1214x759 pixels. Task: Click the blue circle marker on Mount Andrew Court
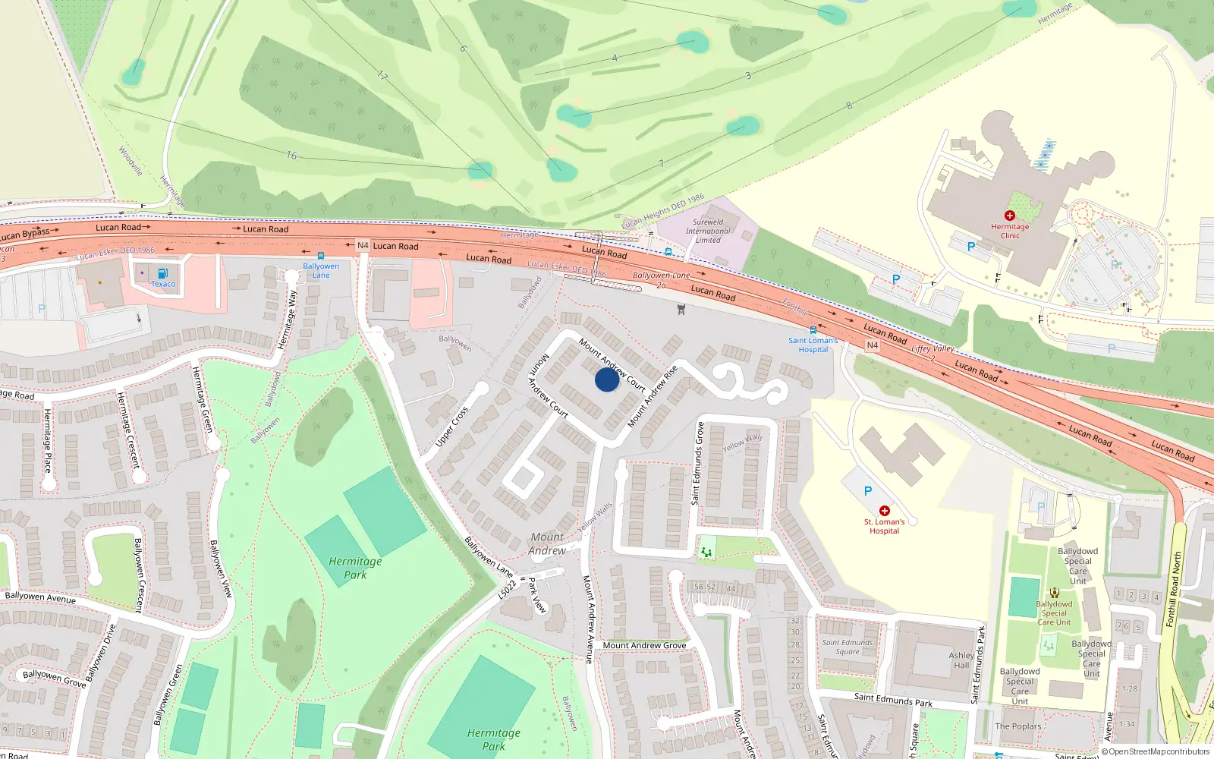tap(606, 379)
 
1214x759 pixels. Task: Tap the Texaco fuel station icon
tap(162, 273)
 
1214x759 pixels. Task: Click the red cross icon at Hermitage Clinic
tap(1009, 216)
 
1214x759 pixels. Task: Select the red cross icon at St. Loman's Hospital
tap(884, 511)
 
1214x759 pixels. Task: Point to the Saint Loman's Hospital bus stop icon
tap(813, 330)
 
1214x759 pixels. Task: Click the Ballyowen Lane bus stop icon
tap(321, 256)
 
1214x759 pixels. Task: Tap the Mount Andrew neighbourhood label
tap(547, 543)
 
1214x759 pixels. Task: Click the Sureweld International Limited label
tap(708, 231)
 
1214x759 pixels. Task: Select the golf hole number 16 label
tap(291, 155)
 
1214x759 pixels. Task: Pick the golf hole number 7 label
tap(661, 164)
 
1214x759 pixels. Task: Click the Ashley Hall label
tap(961, 660)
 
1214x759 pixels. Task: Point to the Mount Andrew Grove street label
tap(644, 645)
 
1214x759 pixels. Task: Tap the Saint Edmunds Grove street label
tap(697, 463)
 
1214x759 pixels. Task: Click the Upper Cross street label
tap(451, 427)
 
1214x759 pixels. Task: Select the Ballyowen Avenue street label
tap(40, 597)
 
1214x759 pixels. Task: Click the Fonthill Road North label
tap(1173, 589)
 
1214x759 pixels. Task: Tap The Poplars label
tap(1018, 726)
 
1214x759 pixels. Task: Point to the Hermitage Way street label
tap(287, 319)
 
